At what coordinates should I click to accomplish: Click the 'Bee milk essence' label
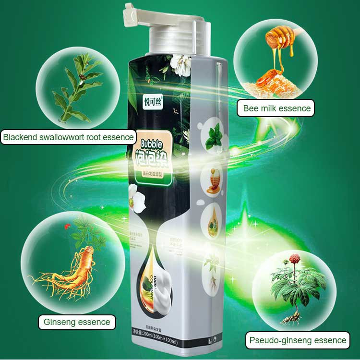pos(277,108)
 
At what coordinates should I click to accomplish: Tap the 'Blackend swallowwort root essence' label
pos(68,138)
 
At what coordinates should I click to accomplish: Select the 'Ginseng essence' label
pos(77,322)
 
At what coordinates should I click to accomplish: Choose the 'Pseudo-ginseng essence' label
pos(298,340)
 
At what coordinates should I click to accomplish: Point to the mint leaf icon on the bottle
pos(214,140)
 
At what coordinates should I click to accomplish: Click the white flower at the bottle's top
pos(180,61)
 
